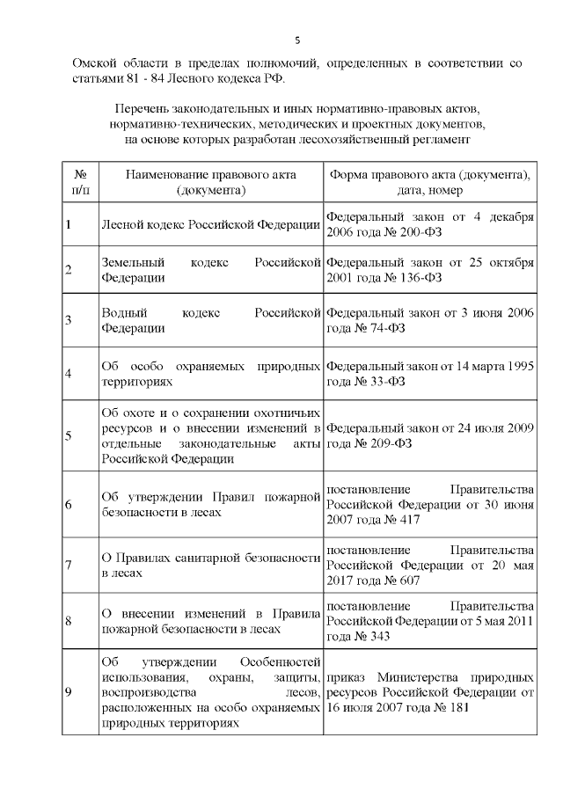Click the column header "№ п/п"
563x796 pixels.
tap(79, 181)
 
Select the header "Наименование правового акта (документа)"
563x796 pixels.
tap(210, 181)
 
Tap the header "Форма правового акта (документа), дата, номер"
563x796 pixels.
tap(429, 181)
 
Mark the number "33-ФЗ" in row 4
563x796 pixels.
tap(391, 381)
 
